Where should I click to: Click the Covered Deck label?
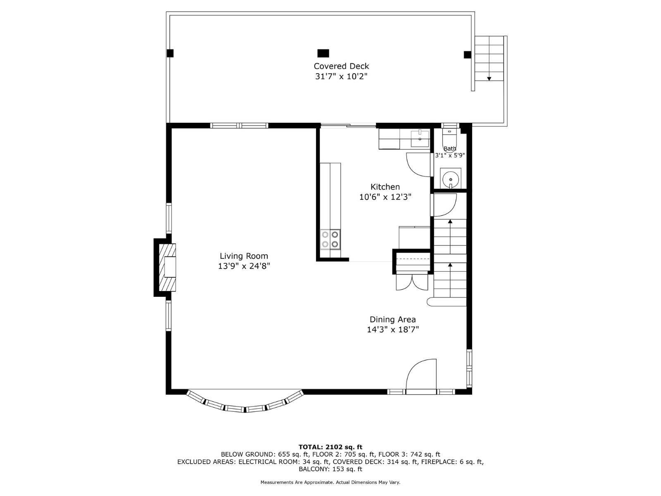[341, 66]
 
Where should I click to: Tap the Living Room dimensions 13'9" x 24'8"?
[244, 266]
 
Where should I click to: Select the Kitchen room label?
[385, 187]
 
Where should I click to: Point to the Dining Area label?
[392, 320]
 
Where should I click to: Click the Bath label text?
[450, 149]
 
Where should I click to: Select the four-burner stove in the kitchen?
[330, 239]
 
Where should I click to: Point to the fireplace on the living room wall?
[167, 267]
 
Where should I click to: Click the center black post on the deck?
[323, 53]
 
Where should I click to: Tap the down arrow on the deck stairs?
[489, 78]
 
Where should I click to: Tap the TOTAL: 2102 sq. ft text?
[330, 447]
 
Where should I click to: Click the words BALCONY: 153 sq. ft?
[330, 469]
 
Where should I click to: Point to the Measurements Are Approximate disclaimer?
[330, 482]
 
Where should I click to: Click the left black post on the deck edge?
[170, 53]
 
